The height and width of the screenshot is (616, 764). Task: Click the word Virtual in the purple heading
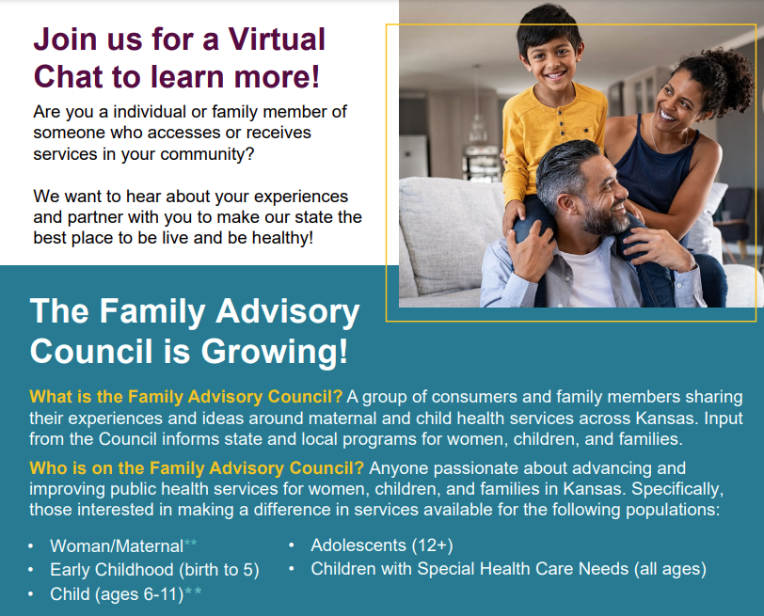pyautogui.click(x=277, y=39)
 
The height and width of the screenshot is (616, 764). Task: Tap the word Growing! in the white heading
pyautogui.click(x=275, y=352)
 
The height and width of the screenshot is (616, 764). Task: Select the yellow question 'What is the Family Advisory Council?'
pyautogui.click(x=186, y=397)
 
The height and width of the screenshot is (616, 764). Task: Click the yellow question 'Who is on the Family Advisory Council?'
pyautogui.click(x=197, y=468)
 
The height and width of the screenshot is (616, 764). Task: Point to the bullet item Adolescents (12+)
pyautogui.click(x=382, y=545)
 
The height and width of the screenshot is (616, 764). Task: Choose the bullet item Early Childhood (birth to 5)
pyautogui.click(x=154, y=570)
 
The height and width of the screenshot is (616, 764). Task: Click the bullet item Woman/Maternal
pyautogui.click(x=117, y=546)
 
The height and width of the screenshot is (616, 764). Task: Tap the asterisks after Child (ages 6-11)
pyautogui.click(x=193, y=592)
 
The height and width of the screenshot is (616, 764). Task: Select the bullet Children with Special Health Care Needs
pyautogui.click(x=509, y=569)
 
